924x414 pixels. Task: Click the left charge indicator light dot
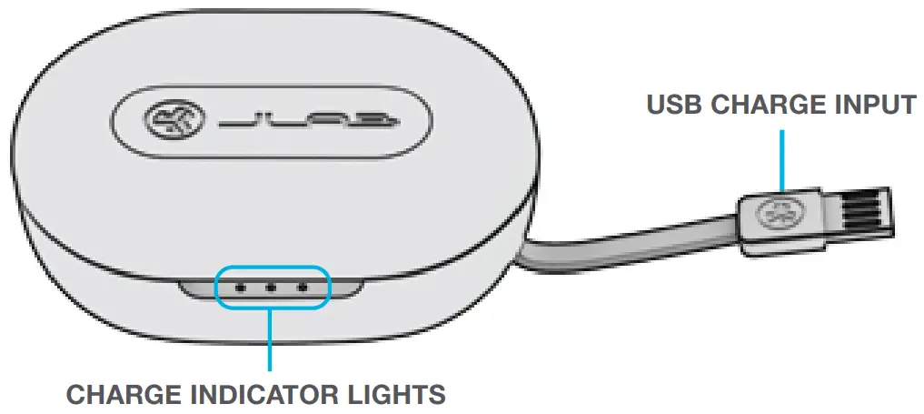pos(240,287)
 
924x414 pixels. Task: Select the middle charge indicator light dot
pos(271,287)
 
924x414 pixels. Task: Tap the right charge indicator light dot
pos(303,287)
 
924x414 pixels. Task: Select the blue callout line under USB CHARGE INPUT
pos(780,159)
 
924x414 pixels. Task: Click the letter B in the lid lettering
pos(382,119)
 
